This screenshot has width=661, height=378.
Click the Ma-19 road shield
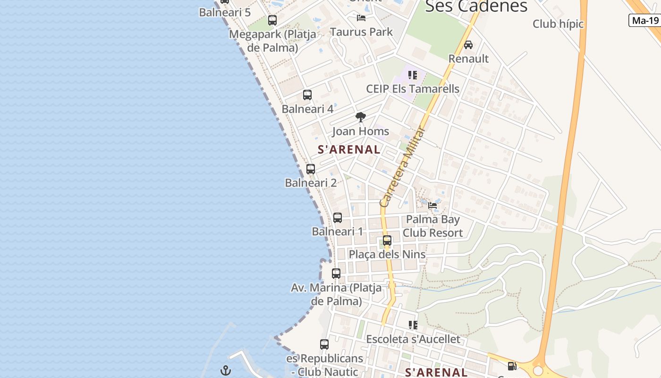pyautogui.click(x=645, y=20)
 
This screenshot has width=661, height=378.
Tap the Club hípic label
pyautogui.click(x=558, y=24)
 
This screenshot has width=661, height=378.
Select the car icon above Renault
pyautogui.click(x=468, y=45)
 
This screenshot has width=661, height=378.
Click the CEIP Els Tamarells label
pyautogui.click(x=413, y=89)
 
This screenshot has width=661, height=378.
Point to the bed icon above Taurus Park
pyautogui.click(x=361, y=18)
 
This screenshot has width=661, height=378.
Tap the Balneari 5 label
pyautogui.click(x=225, y=12)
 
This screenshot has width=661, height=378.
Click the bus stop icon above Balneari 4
pyautogui.click(x=307, y=95)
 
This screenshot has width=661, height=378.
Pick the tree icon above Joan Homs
pyautogui.click(x=361, y=117)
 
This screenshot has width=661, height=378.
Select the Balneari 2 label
pyautogui.click(x=311, y=183)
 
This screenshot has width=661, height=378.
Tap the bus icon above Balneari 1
pyautogui.click(x=338, y=218)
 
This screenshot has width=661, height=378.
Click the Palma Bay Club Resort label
pyautogui.click(x=432, y=226)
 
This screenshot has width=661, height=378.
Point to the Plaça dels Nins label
pyautogui.click(x=387, y=254)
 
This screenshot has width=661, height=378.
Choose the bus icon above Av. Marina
pyautogui.click(x=336, y=274)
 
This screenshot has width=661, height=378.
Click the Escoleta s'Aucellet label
pyautogui.click(x=413, y=339)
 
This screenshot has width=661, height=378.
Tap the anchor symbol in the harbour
pyautogui.click(x=226, y=370)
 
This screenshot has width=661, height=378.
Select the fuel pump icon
pyautogui.click(x=512, y=366)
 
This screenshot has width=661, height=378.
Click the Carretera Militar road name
pyautogui.click(x=403, y=166)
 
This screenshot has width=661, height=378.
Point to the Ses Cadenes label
pyautogui.click(x=476, y=7)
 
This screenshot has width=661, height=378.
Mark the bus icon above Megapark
pyautogui.click(x=272, y=20)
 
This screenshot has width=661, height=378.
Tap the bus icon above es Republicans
pyautogui.click(x=324, y=344)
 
